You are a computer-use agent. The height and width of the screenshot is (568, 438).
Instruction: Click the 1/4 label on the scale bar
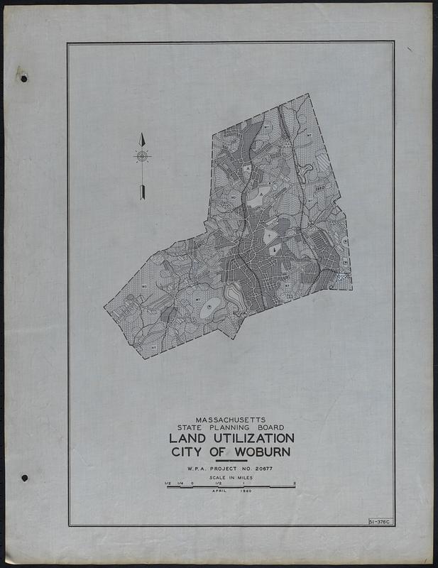pos(180,484)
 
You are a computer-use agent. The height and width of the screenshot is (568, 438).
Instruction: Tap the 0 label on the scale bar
pos(192,484)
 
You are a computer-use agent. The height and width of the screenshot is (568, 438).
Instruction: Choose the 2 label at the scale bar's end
pos(294,484)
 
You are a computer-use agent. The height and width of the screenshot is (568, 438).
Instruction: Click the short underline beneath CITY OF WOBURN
pos(231,461)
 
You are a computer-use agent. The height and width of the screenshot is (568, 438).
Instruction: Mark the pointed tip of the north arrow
pos(142,134)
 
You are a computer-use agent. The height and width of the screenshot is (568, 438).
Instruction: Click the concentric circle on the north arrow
pos(142,155)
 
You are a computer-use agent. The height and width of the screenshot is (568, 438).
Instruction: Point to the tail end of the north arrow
pos(142,197)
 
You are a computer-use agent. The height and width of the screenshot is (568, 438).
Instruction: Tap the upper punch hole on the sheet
pos(23,78)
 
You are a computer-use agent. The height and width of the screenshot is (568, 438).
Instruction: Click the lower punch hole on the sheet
pos(23,478)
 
